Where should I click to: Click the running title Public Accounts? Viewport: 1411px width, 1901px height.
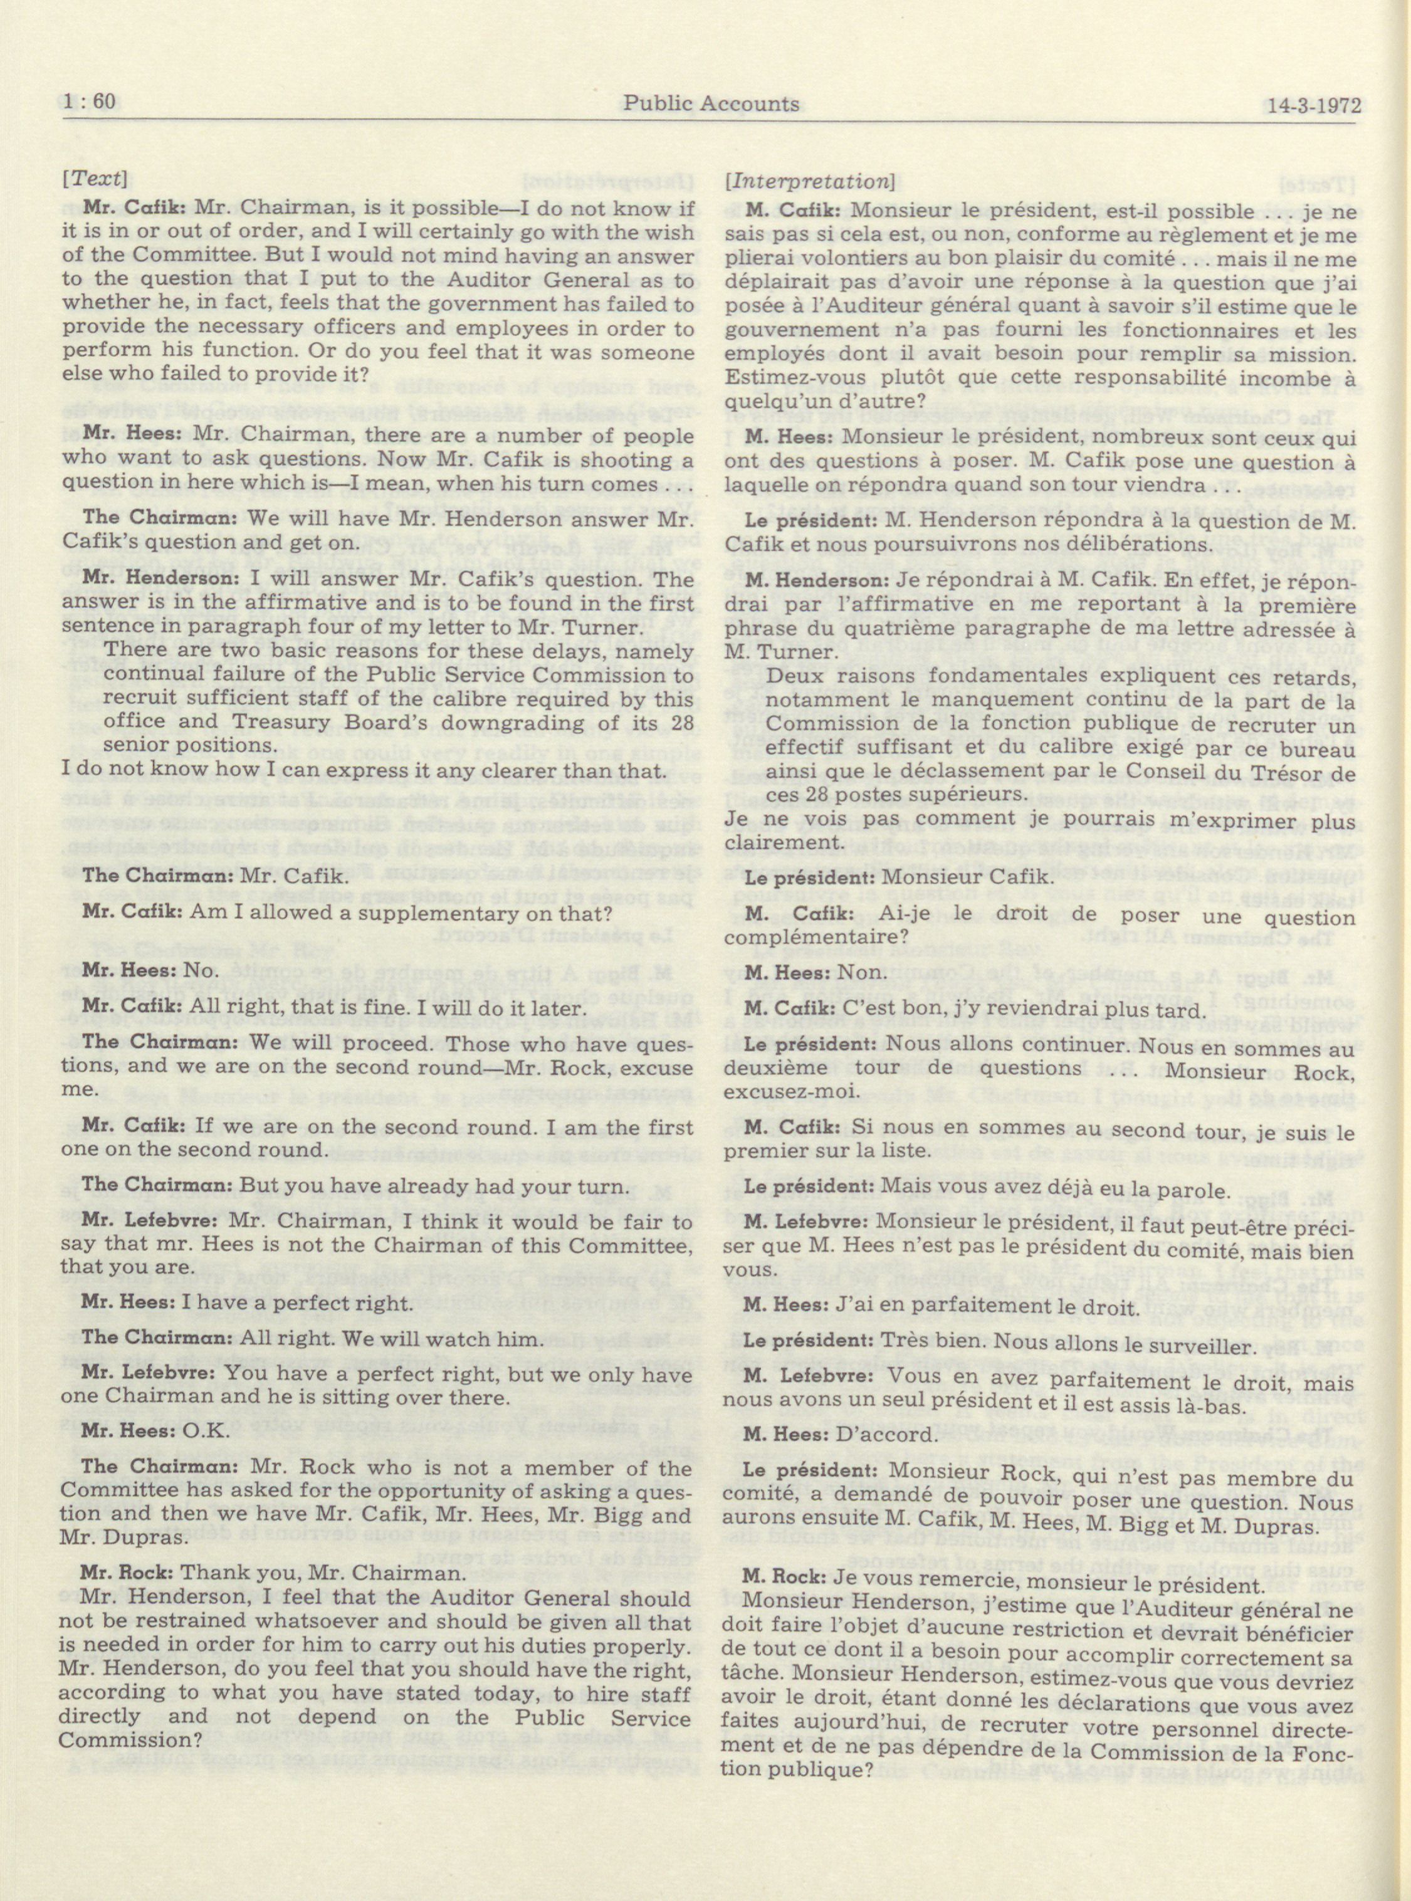tap(711, 103)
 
